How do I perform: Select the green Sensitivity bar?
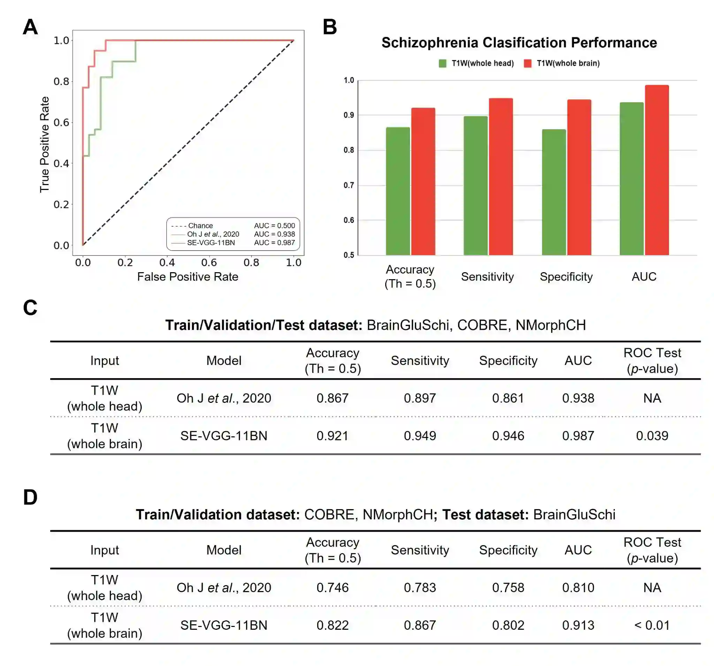point(476,186)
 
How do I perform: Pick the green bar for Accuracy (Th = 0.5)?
point(397,191)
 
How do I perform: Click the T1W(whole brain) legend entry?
point(562,63)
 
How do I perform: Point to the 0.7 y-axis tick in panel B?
point(349,185)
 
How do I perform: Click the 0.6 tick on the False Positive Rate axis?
point(209,262)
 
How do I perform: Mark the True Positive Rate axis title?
point(45,144)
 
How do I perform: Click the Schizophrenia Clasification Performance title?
point(519,43)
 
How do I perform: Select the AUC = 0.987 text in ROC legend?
point(274,243)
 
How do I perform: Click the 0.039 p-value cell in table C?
point(652,436)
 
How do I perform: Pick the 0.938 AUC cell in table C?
point(578,398)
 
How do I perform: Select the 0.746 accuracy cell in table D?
point(332,587)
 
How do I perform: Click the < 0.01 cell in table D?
point(652,625)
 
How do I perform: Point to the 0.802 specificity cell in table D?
point(508,625)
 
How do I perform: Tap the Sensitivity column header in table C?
point(420,360)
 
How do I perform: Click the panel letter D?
point(30,497)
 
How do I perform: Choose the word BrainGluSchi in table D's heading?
point(574,514)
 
